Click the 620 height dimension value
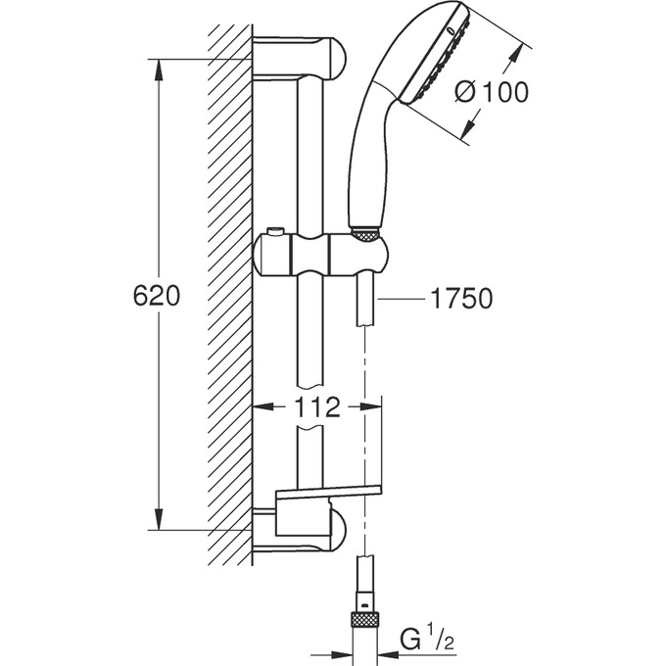157,297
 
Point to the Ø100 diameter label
493,92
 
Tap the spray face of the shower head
432,65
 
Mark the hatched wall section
229,294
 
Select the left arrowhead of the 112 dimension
261,406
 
